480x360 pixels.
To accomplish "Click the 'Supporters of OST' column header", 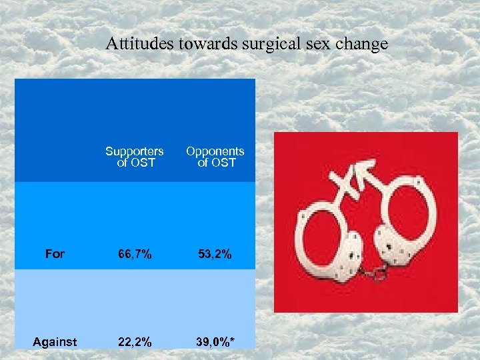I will [134, 157].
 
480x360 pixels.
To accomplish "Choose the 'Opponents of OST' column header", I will [215, 157].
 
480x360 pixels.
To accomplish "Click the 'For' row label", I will [55, 253].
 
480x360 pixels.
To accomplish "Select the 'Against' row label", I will [55, 341].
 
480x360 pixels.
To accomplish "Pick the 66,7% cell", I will [134, 253].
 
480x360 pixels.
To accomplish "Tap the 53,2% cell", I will [215, 253].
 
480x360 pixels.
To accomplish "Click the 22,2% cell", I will [134, 342].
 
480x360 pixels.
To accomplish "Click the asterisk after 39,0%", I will [234, 340].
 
